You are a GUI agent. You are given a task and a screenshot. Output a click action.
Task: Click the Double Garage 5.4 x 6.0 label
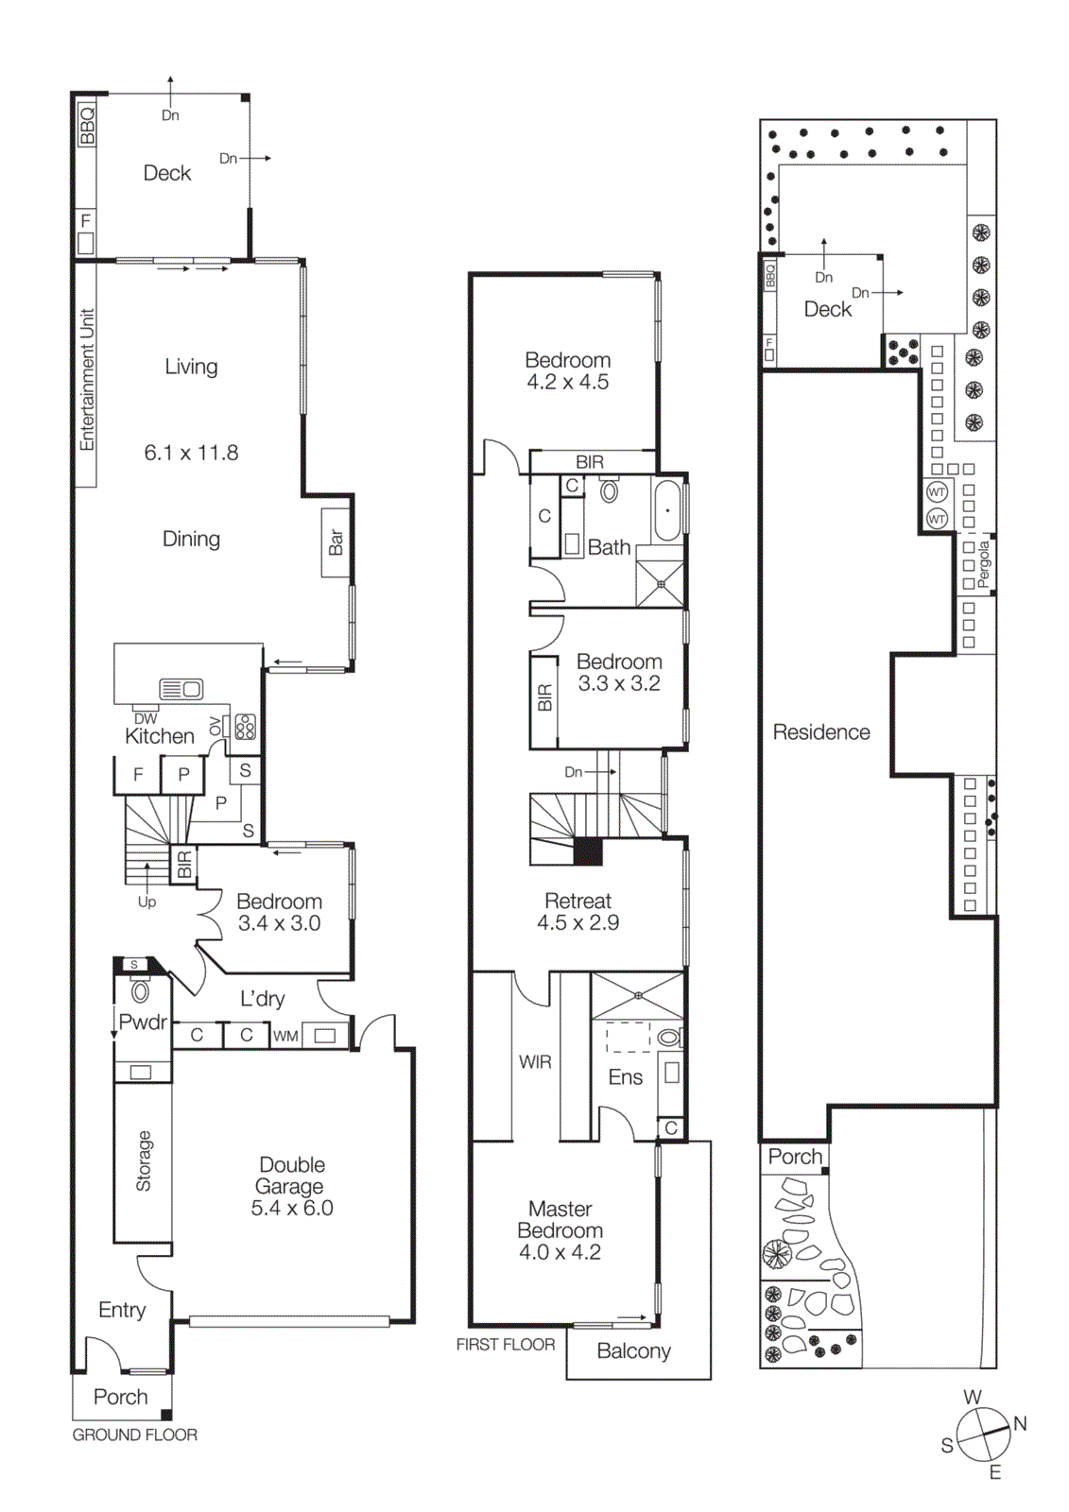coord(291,1186)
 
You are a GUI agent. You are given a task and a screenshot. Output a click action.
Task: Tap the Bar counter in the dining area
coord(336,542)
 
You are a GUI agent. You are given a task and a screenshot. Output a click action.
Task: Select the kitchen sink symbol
coord(181,689)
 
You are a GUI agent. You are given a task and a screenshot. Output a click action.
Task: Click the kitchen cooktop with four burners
coord(246,726)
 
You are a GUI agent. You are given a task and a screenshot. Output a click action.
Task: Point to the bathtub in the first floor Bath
coord(667,510)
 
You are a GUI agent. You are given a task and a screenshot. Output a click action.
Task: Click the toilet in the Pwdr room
coord(140,991)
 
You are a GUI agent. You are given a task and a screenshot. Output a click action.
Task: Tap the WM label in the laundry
coord(285,1036)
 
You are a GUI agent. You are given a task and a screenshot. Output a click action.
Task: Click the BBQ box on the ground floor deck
coord(87,126)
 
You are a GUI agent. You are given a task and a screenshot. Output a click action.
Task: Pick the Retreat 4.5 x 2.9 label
coord(578,912)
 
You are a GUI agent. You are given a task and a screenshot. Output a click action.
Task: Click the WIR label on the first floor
coord(535,1062)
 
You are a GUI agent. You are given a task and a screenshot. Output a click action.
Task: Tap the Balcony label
coord(633,1351)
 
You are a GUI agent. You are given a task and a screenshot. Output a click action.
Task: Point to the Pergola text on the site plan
coord(984,564)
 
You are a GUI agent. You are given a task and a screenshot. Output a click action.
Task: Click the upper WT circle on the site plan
coord(937,492)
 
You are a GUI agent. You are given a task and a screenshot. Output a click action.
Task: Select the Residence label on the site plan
coord(821,732)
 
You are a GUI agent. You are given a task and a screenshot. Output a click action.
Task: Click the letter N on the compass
coord(1020,1423)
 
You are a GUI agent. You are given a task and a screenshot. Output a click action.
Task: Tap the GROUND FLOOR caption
coord(135,1435)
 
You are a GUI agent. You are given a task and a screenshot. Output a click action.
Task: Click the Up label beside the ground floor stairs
coord(147,902)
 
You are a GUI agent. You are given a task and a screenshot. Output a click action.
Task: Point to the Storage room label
coord(144,1160)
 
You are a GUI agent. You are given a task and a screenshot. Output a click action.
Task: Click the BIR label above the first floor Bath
coord(590,462)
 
